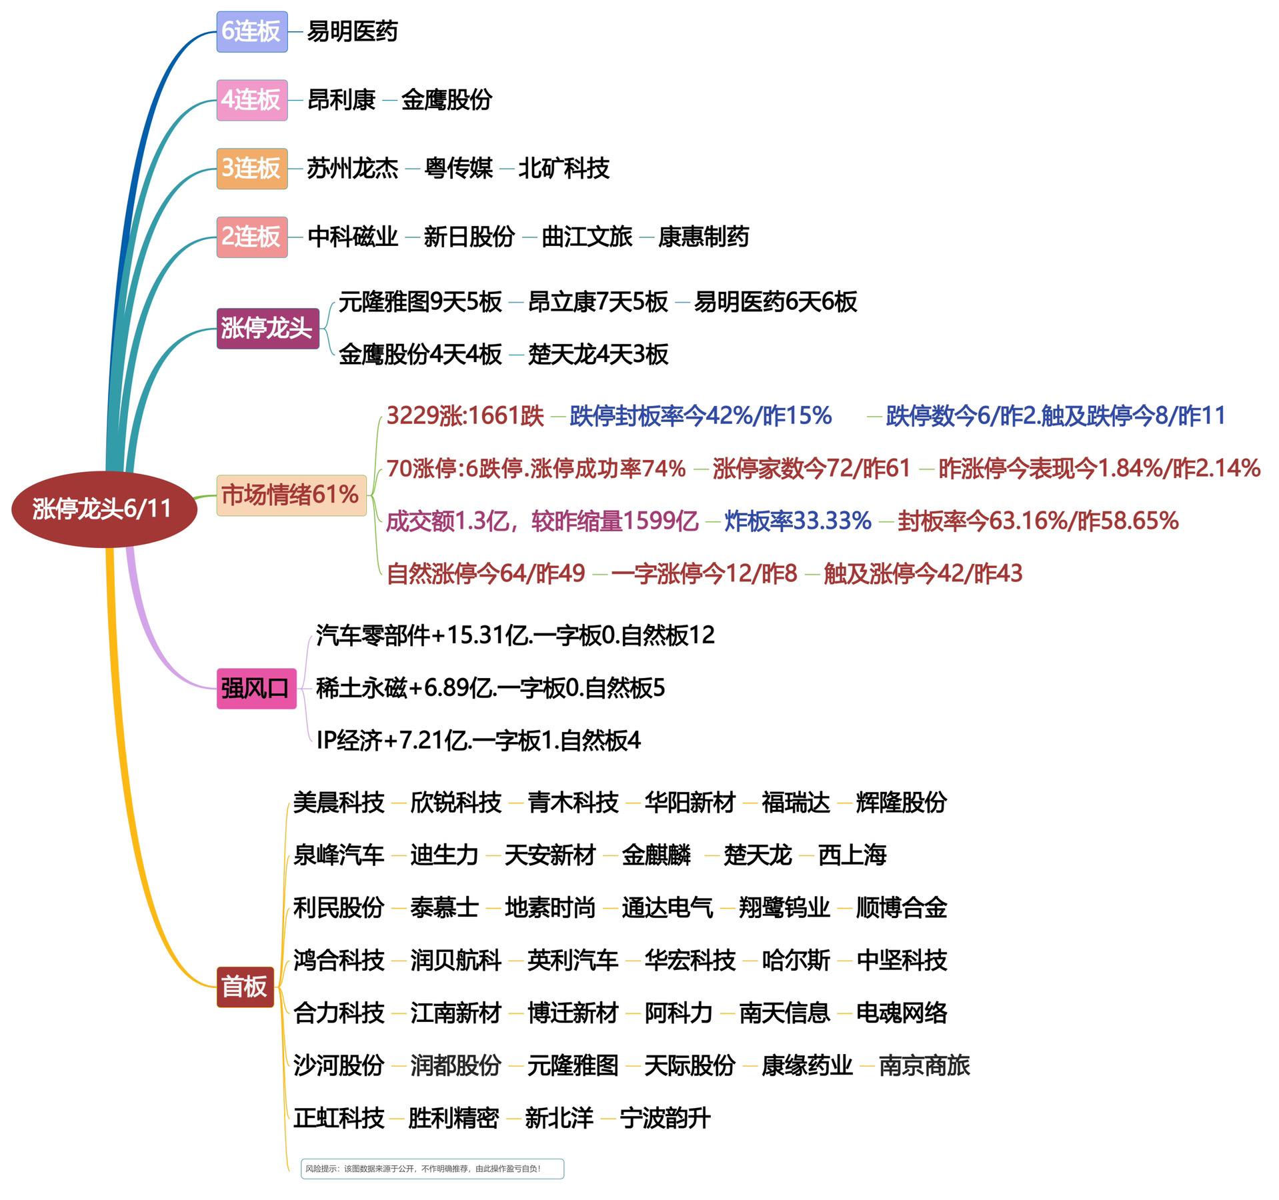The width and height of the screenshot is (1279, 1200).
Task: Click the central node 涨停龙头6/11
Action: point(104,509)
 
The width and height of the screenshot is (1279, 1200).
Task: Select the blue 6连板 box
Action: point(251,31)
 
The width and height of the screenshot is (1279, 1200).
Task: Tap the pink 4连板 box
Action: point(251,100)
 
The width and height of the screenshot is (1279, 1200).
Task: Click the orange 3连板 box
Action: point(251,168)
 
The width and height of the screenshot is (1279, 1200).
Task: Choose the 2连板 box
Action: point(251,237)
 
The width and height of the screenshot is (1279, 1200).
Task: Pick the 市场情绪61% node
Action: point(291,495)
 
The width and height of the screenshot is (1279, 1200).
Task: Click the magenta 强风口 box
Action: point(256,688)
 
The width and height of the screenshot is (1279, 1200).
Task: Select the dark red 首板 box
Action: point(245,986)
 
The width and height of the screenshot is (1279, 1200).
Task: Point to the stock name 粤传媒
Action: point(458,168)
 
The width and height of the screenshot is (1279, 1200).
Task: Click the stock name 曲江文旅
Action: point(586,237)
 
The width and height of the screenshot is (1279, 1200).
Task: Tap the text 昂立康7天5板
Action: point(597,302)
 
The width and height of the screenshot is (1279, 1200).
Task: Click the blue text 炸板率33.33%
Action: point(798,521)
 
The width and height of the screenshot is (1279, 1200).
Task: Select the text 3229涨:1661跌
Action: point(465,416)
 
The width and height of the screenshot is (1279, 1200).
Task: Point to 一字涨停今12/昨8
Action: point(704,573)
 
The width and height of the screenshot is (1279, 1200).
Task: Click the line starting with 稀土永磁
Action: point(490,688)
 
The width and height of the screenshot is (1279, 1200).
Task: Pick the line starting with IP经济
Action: point(478,740)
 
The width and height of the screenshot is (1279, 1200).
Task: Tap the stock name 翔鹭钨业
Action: point(784,907)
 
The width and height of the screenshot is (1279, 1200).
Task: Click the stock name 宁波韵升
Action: point(665,1118)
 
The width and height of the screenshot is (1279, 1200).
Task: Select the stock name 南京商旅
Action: point(924,1065)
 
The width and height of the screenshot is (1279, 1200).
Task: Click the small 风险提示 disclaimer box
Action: point(432,1169)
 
